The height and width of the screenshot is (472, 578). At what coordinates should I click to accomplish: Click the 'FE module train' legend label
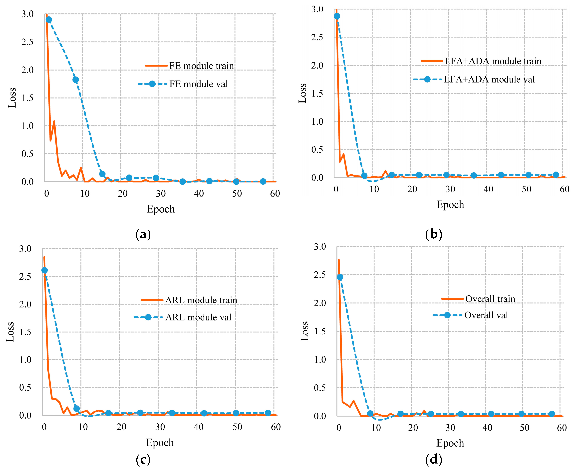202,66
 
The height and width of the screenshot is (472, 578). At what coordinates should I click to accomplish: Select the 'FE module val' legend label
199,84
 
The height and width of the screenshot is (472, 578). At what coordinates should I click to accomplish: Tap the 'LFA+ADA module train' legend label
493,61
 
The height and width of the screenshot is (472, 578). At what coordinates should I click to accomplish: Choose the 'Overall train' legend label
490,299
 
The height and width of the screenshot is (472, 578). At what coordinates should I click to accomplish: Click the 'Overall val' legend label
486,315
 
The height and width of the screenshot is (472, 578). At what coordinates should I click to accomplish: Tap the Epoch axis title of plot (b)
450,204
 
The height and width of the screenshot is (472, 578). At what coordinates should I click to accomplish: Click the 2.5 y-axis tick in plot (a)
27,42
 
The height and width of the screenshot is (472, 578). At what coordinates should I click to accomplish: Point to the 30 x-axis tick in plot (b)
450,189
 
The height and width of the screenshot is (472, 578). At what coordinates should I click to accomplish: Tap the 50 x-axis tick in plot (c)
237,427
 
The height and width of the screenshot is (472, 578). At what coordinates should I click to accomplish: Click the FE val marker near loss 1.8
76,80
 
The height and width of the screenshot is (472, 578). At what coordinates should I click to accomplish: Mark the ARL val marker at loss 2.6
44,270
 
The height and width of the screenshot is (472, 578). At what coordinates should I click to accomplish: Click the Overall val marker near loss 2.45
340,277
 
